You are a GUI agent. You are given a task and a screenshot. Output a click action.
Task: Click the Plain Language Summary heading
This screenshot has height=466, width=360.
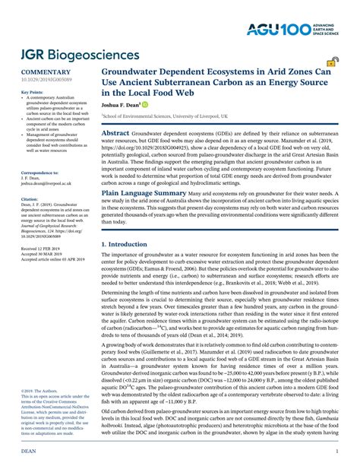(144, 194)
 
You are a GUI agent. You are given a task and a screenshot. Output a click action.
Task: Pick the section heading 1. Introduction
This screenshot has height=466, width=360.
(126, 243)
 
